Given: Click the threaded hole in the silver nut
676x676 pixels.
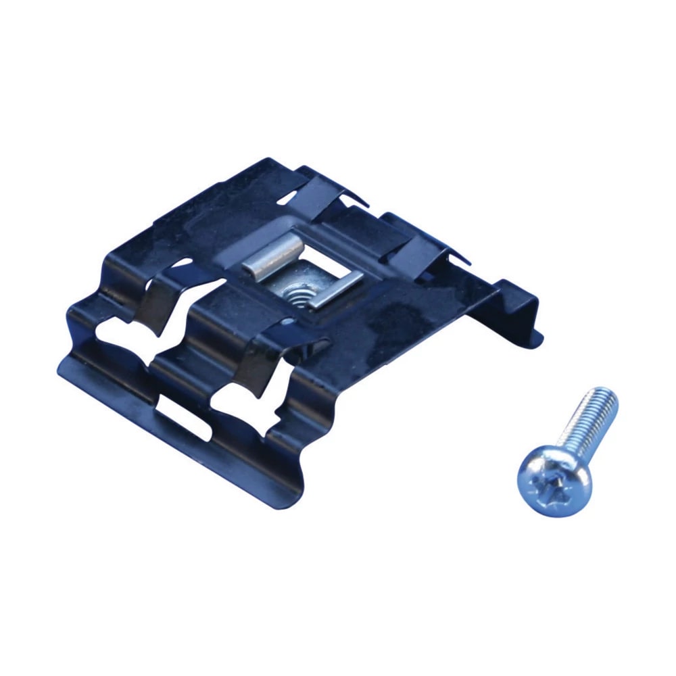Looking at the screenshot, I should (293, 292).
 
